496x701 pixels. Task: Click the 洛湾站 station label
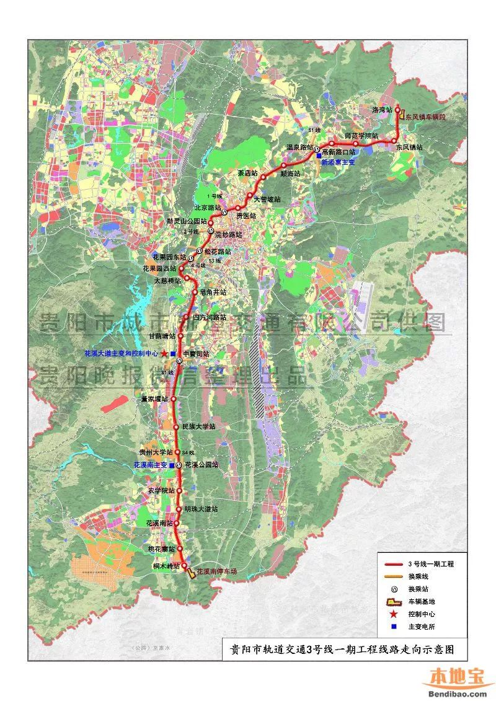pos(382,110)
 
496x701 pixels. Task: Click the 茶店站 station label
pos(247,172)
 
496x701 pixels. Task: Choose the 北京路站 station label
pos(208,207)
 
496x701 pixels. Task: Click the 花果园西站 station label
pos(160,268)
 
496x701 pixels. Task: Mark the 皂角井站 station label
pos(213,291)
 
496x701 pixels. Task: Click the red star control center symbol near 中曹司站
pos(164,353)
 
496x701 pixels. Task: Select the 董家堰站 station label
pos(154,399)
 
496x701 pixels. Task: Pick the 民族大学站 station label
pos(199,427)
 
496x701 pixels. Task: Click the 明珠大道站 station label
pos(201,509)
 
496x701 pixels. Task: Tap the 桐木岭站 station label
pos(166,566)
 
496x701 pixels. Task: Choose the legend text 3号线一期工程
pos(430,564)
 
